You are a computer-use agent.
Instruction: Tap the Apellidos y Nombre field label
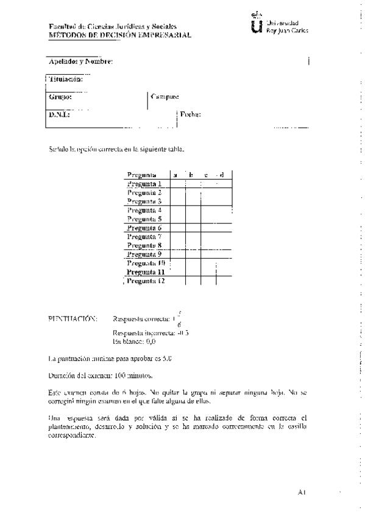[80, 61]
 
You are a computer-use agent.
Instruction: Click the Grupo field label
[60, 96]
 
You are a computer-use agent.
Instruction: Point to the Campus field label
[165, 96]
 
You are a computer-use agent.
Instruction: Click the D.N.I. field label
[59, 114]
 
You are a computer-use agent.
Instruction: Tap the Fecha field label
[190, 114]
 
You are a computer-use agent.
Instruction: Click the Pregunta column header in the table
[142, 175]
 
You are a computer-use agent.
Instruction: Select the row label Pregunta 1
[144, 184]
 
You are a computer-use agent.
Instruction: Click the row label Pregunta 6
[144, 228]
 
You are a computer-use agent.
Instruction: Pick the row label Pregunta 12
[146, 281]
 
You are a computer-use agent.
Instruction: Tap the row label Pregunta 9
[144, 254]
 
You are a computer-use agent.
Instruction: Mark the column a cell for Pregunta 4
[177, 210]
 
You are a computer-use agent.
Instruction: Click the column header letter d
[222, 175]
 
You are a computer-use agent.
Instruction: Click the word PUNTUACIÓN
[72, 318]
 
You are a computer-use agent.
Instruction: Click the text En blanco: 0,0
[134, 342]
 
